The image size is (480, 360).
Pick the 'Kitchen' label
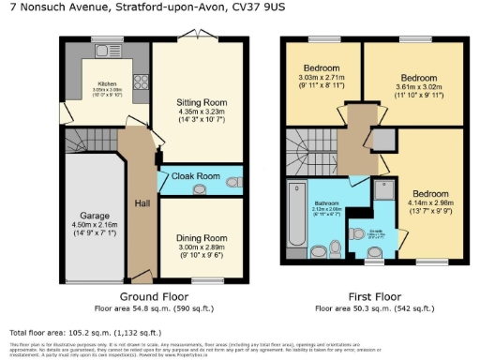(101, 82)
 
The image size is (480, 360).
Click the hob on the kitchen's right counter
(138, 81)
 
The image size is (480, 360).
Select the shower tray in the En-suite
(384, 190)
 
